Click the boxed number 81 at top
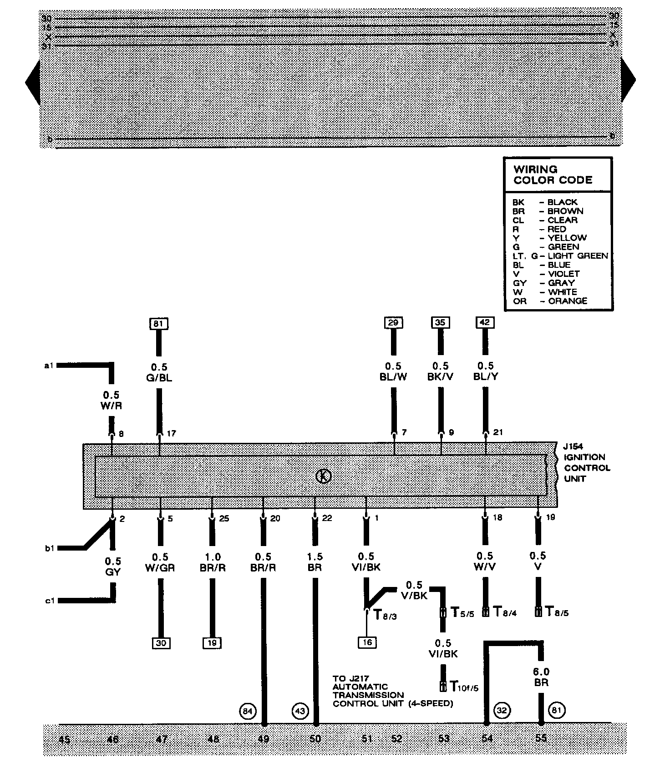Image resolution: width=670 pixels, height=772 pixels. point(158,324)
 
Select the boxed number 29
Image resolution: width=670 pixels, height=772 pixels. point(393,323)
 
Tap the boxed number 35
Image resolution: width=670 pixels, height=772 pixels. point(440,323)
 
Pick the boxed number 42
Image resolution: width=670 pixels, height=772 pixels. point(485,323)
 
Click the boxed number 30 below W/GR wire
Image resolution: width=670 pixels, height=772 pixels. point(161,643)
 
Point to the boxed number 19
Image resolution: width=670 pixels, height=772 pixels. point(212,643)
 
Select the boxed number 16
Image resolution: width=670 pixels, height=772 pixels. point(367,642)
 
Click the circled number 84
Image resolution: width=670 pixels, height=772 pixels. point(248,711)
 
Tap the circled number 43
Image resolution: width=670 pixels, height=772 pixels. point(300,711)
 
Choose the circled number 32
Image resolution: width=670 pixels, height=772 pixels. point(502,710)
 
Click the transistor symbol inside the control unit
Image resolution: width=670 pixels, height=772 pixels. point(324,476)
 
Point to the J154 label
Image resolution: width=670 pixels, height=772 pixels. point(572,446)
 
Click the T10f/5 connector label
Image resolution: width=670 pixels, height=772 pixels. point(464,686)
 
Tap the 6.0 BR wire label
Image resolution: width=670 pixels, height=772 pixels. point(541,677)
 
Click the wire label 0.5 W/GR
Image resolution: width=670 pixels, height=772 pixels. point(160,562)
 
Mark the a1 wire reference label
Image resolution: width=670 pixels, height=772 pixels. point(49,365)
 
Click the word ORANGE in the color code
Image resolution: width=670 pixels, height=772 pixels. point(568,301)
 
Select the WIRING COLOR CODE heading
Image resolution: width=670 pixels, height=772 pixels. point(553,175)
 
